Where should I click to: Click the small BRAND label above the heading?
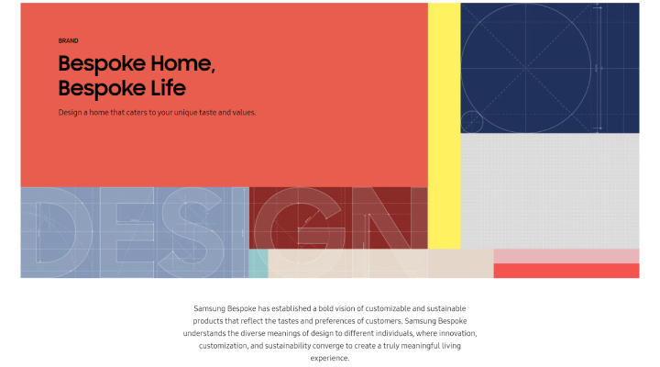coord(68,40)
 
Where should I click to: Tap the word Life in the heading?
coord(165,88)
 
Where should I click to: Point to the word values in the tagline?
coord(241,113)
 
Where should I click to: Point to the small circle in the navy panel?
coord(471,121)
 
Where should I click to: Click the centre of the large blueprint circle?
coord(527,67)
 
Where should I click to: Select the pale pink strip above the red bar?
coord(566,256)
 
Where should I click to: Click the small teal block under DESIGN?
coord(258,263)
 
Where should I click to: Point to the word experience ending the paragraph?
coord(330,359)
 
